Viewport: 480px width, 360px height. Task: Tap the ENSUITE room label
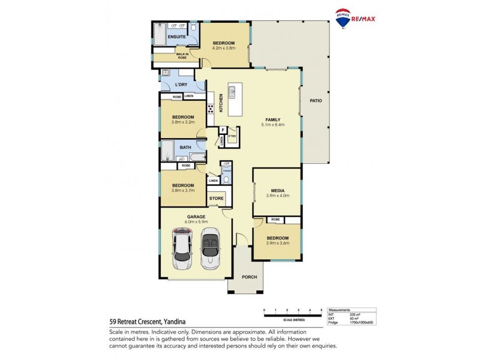[176, 37]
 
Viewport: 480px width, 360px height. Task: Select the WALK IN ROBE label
[182, 56]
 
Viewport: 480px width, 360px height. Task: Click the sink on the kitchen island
[232, 92]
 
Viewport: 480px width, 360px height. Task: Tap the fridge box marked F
[223, 130]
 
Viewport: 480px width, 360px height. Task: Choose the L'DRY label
[182, 85]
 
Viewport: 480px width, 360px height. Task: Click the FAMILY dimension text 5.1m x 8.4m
[272, 125]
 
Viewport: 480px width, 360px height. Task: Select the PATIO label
[316, 100]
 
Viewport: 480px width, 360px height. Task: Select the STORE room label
[216, 198]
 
